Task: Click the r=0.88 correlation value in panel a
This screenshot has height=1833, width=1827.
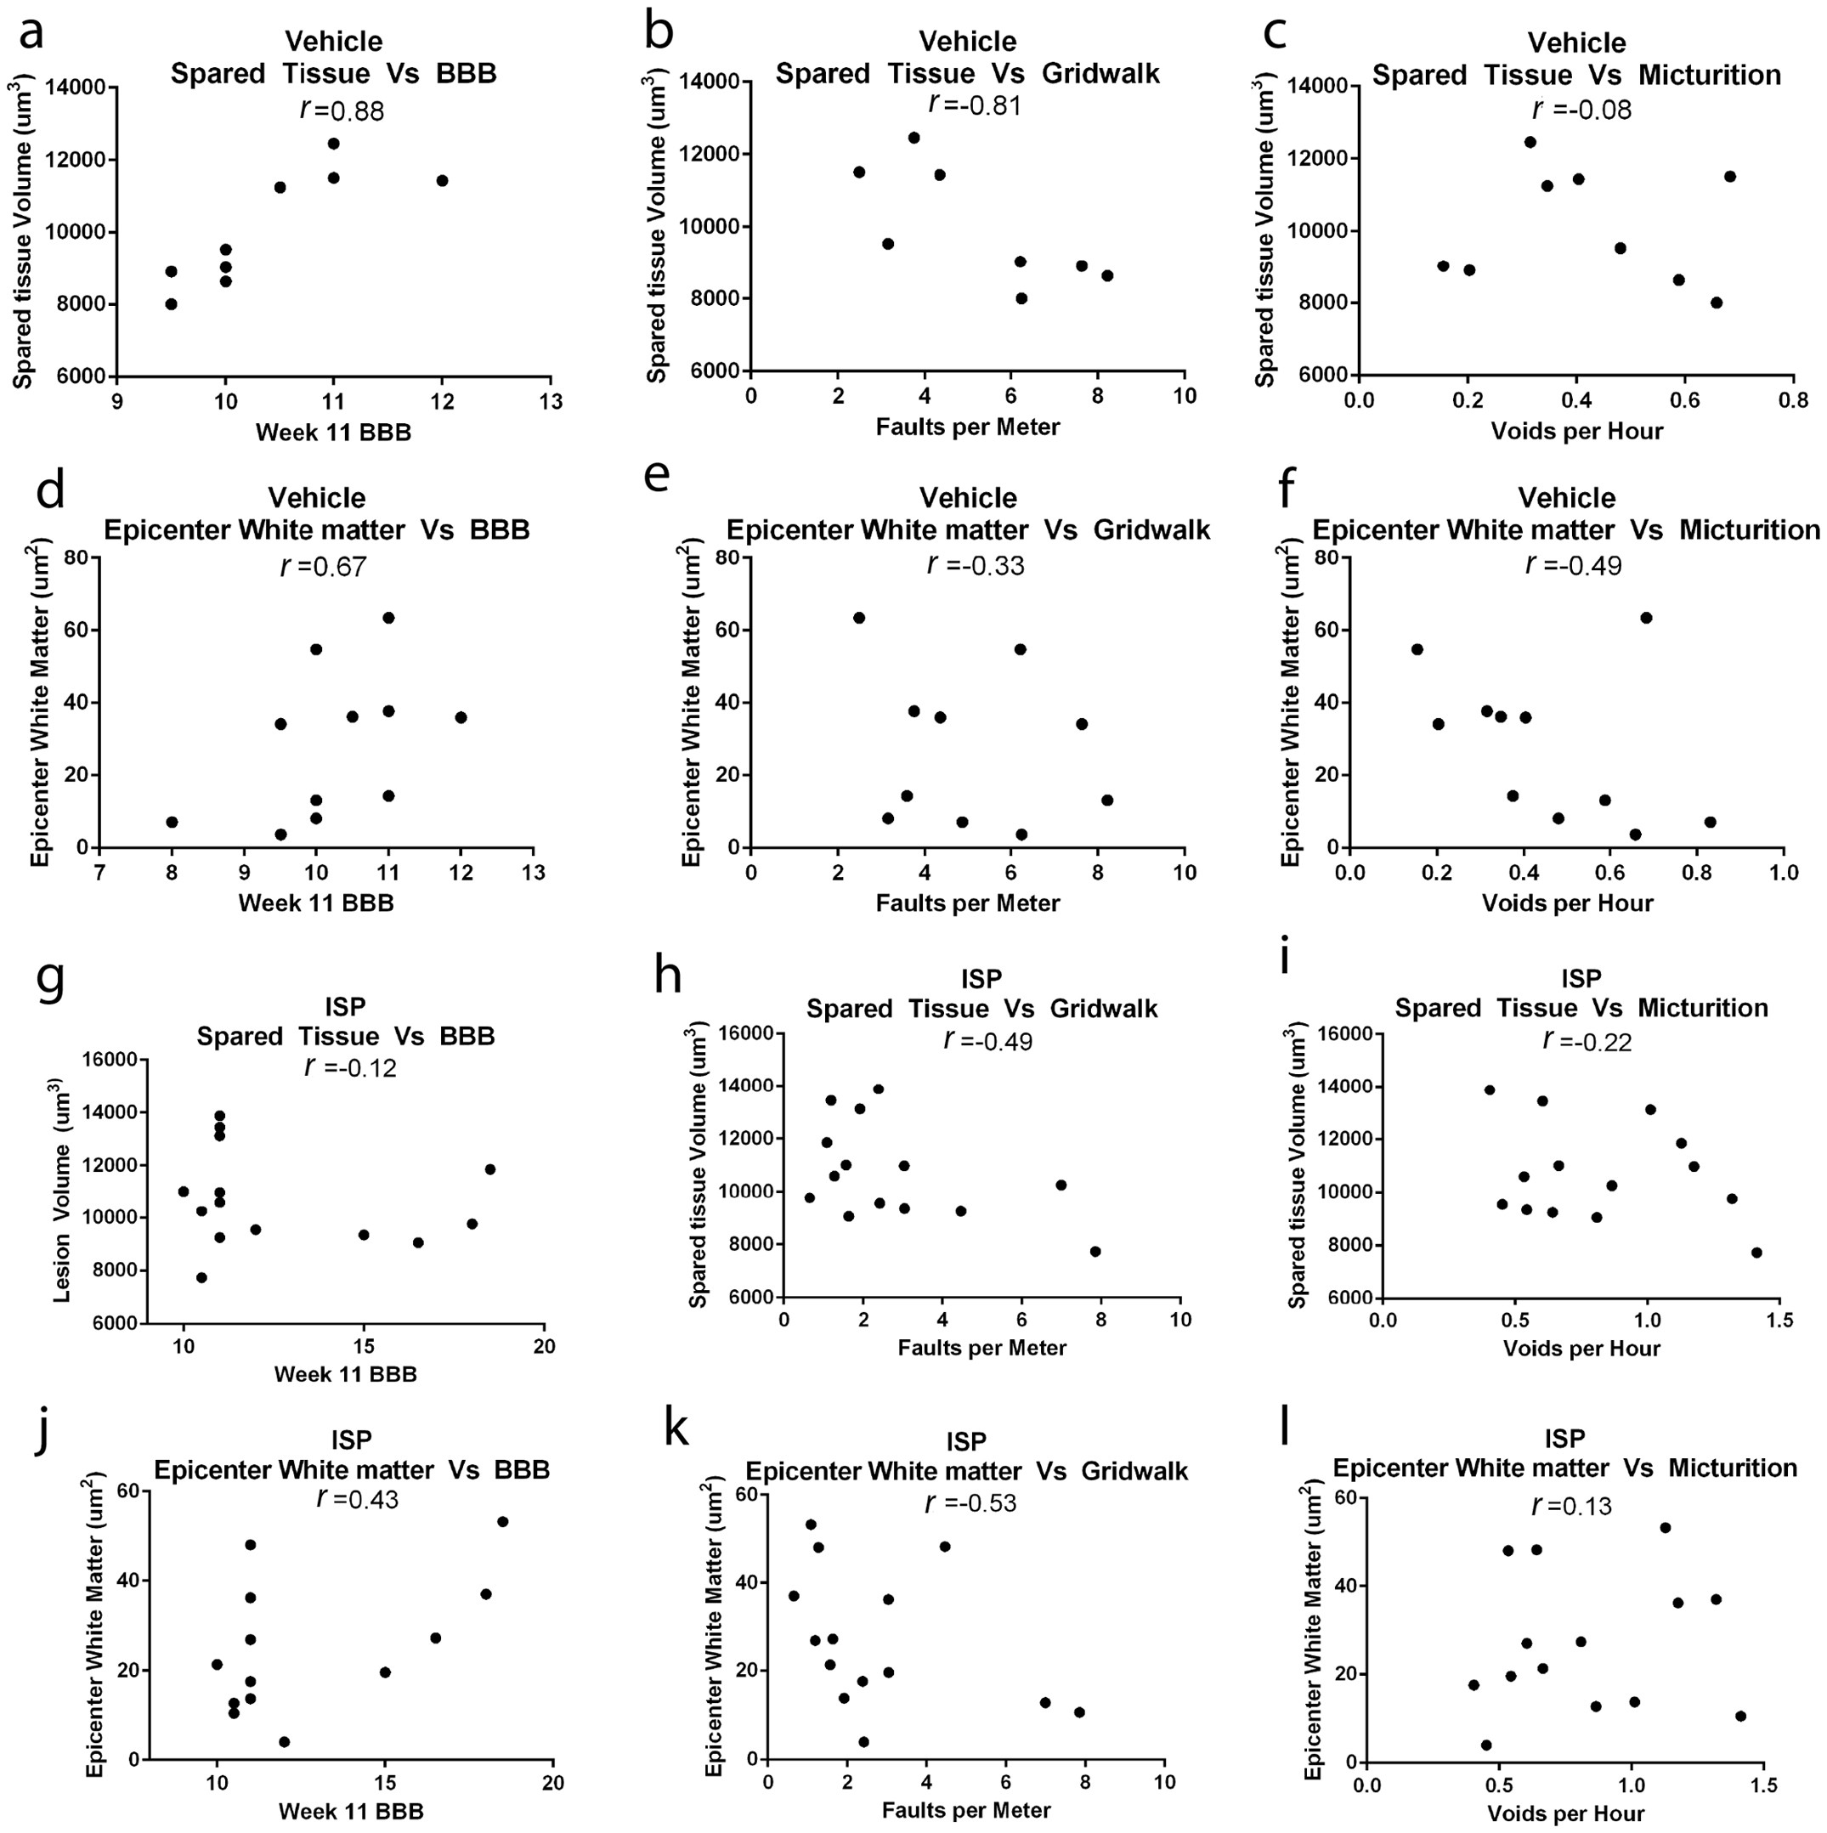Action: pos(342,110)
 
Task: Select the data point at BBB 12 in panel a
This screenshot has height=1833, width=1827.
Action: pos(442,180)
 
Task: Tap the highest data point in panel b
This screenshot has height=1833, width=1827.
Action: pos(913,138)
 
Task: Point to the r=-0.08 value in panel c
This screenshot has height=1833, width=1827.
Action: pos(1582,110)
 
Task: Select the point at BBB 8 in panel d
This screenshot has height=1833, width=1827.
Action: pos(172,822)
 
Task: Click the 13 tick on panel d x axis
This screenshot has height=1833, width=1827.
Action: pos(533,872)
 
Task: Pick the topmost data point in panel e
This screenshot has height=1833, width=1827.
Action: pos(858,618)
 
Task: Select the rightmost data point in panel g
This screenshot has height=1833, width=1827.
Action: pos(490,1168)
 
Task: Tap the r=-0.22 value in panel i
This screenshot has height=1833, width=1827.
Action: pos(1587,1041)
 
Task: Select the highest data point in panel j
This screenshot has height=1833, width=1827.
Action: pos(503,1522)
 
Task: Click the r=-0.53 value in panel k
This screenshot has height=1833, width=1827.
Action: pos(970,1502)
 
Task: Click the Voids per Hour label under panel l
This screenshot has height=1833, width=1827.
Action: pos(1565,1814)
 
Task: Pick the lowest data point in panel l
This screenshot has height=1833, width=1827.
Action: pos(1485,1745)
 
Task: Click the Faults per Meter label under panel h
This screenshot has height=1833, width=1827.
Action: pos(981,1347)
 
